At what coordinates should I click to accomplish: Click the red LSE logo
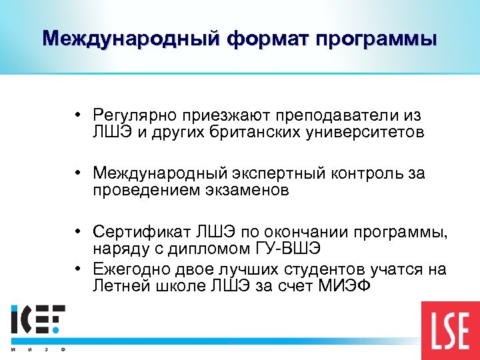click(x=449, y=331)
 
